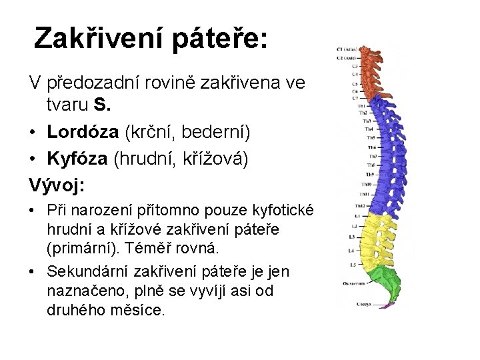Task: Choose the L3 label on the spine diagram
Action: pyautogui.click(x=351, y=237)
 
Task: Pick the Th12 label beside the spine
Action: pyautogui.click(x=360, y=205)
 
